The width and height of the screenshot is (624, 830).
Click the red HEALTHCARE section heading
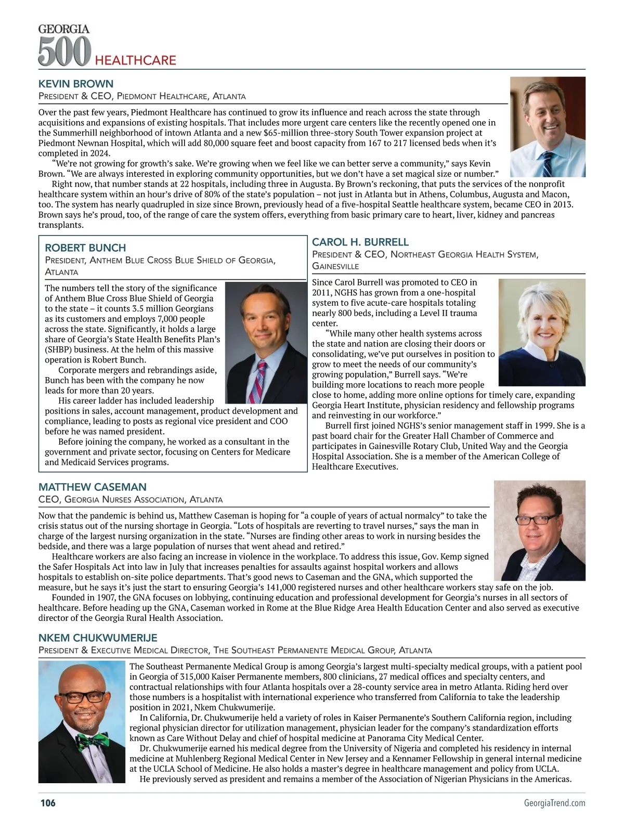(x=135, y=60)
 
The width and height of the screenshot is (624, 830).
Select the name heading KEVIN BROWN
(x=76, y=84)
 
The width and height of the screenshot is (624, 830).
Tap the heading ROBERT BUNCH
(x=85, y=248)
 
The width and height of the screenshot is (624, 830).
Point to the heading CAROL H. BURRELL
(x=360, y=242)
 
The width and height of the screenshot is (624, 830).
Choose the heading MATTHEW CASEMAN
(x=93, y=487)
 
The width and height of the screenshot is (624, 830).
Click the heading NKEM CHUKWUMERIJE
(x=98, y=638)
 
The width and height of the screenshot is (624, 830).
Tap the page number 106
(x=48, y=803)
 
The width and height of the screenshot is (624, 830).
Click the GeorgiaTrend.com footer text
(x=554, y=803)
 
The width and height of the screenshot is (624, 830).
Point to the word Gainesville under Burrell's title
(x=335, y=266)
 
